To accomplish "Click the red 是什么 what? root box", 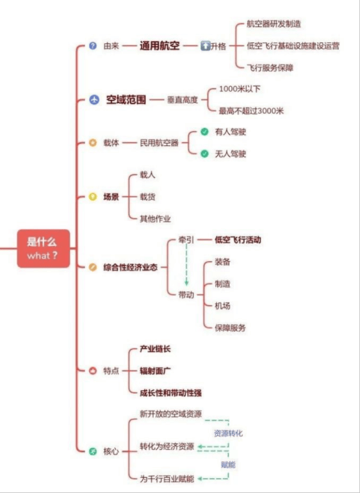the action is [x=44, y=248].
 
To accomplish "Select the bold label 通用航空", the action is [x=160, y=46].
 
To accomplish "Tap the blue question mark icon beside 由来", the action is [x=93, y=46].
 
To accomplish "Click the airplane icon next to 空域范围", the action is [x=94, y=100].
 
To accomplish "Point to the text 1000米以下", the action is [x=240, y=89].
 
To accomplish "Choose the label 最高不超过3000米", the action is [x=252, y=111].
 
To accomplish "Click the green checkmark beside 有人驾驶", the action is [x=204, y=132].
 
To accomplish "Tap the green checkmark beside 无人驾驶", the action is [x=204, y=154].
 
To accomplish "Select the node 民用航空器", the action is [x=160, y=143].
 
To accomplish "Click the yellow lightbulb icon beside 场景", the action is [x=93, y=197].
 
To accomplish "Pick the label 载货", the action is [x=147, y=197].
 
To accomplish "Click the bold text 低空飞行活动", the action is [x=238, y=240].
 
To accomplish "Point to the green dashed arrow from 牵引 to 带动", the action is [x=186, y=264].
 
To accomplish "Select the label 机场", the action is [x=222, y=305].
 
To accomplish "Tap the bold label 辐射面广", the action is [x=155, y=371].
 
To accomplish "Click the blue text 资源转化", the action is [x=229, y=433].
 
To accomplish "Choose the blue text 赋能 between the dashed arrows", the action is [x=229, y=465].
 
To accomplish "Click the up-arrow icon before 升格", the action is [x=205, y=46].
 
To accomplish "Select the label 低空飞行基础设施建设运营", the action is [x=293, y=46].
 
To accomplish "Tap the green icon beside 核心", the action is [x=93, y=452].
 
